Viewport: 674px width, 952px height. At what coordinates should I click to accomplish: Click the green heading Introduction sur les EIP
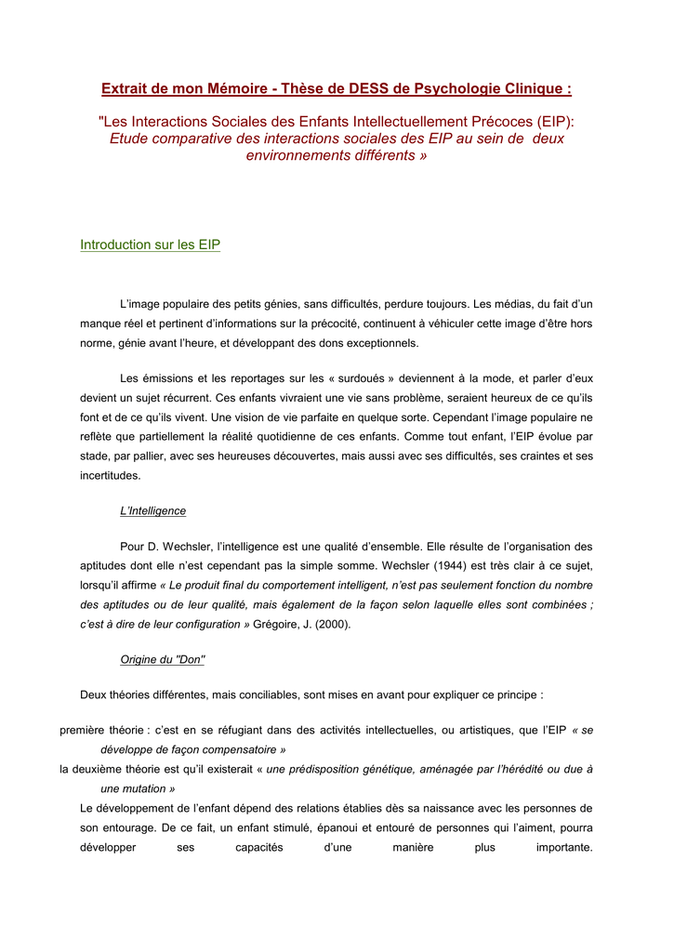(x=150, y=245)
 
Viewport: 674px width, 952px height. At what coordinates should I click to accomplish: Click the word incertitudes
(x=111, y=475)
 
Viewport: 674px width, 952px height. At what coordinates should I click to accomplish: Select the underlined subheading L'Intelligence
(x=153, y=510)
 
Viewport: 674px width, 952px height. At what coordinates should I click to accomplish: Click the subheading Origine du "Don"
(x=163, y=659)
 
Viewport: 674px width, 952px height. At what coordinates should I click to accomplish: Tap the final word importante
(x=564, y=847)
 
